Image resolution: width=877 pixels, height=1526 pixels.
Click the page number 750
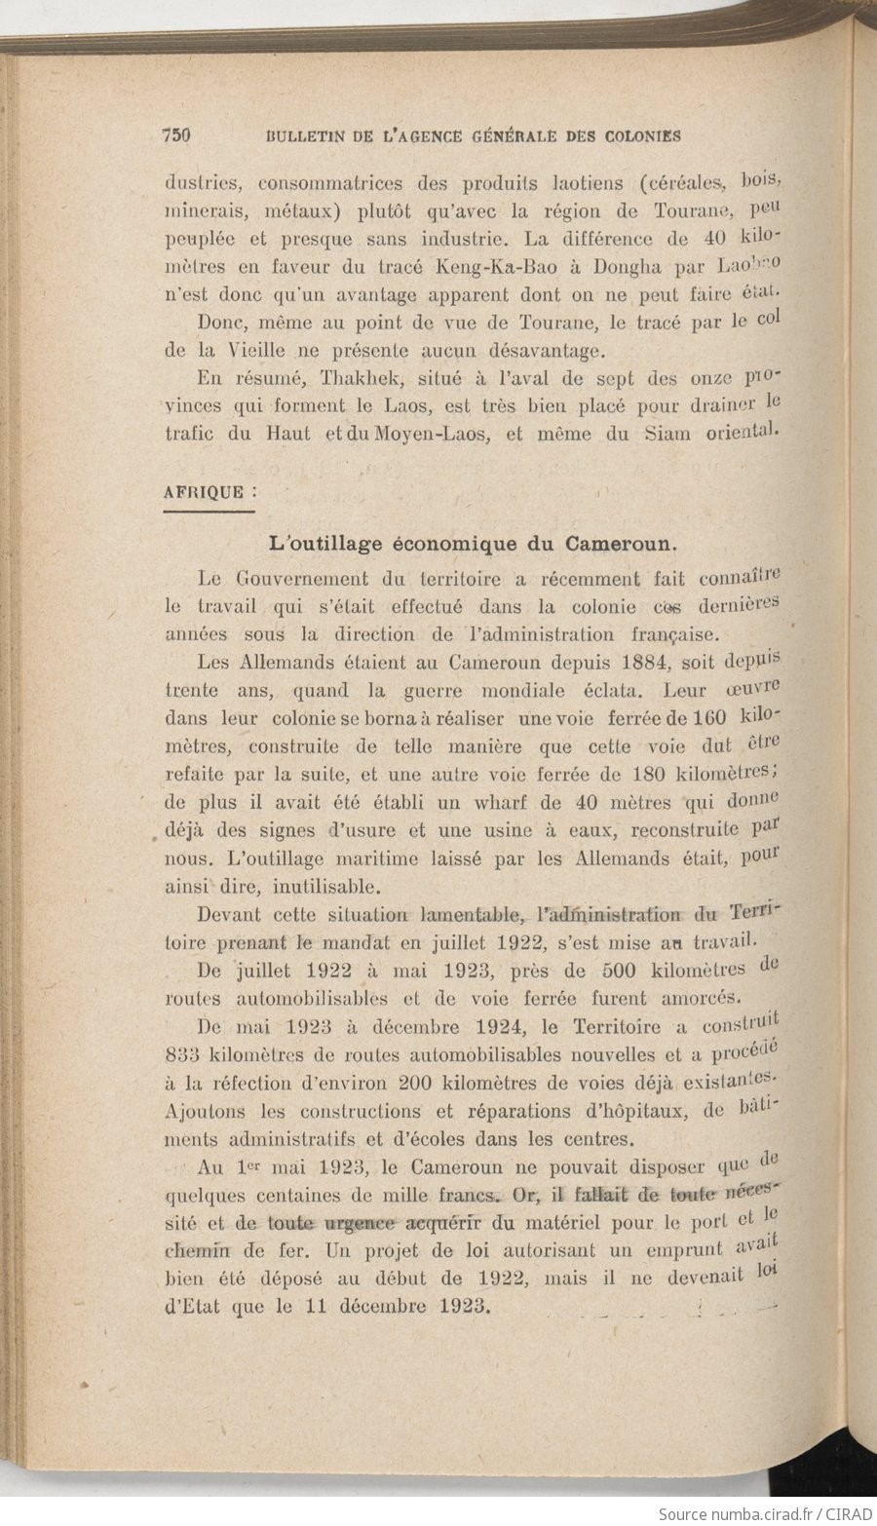(x=180, y=136)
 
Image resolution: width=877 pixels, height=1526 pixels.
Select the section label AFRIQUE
(x=203, y=492)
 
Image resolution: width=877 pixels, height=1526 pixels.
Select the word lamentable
(x=474, y=915)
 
